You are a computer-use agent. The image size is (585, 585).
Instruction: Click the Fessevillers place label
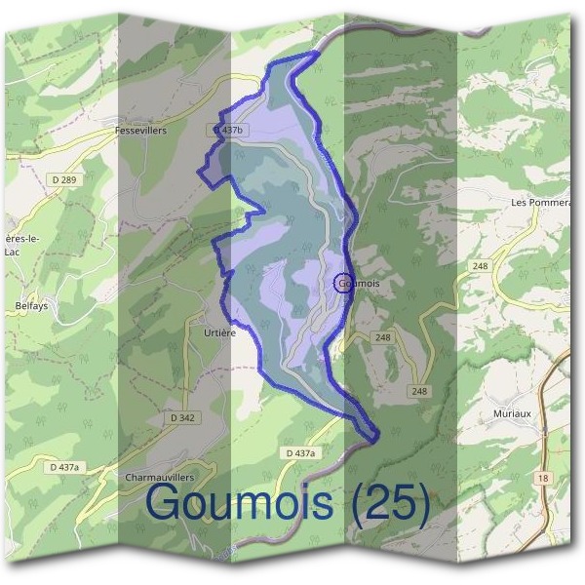(x=140, y=130)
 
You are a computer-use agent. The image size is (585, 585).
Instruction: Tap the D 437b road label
(x=225, y=130)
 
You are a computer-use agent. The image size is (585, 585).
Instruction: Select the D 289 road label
(x=67, y=180)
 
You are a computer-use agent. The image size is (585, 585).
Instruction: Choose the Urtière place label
(x=220, y=332)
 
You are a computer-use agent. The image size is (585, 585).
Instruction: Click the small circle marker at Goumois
(x=340, y=283)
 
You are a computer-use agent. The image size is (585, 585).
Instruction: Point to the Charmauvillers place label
(x=160, y=478)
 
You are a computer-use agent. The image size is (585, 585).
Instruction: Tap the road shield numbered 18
(x=543, y=478)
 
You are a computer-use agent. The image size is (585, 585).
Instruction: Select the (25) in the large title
(x=391, y=503)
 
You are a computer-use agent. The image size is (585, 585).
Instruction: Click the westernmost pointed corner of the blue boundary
(x=199, y=173)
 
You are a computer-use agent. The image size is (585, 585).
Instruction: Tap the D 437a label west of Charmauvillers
(x=64, y=468)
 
